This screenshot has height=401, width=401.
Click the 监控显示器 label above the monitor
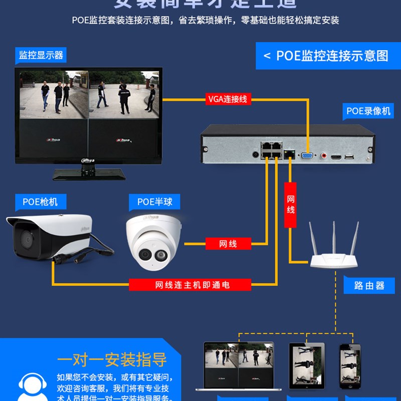point(41,55)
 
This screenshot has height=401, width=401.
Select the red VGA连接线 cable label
point(228,99)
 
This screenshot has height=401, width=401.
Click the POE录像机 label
point(368,111)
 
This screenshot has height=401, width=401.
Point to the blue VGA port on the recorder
point(305,156)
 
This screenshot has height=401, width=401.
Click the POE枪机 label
point(40,202)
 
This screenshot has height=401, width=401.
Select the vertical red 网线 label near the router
point(291,205)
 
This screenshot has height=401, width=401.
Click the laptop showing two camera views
point(239,366)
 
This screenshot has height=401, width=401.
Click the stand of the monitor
point(89,173)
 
